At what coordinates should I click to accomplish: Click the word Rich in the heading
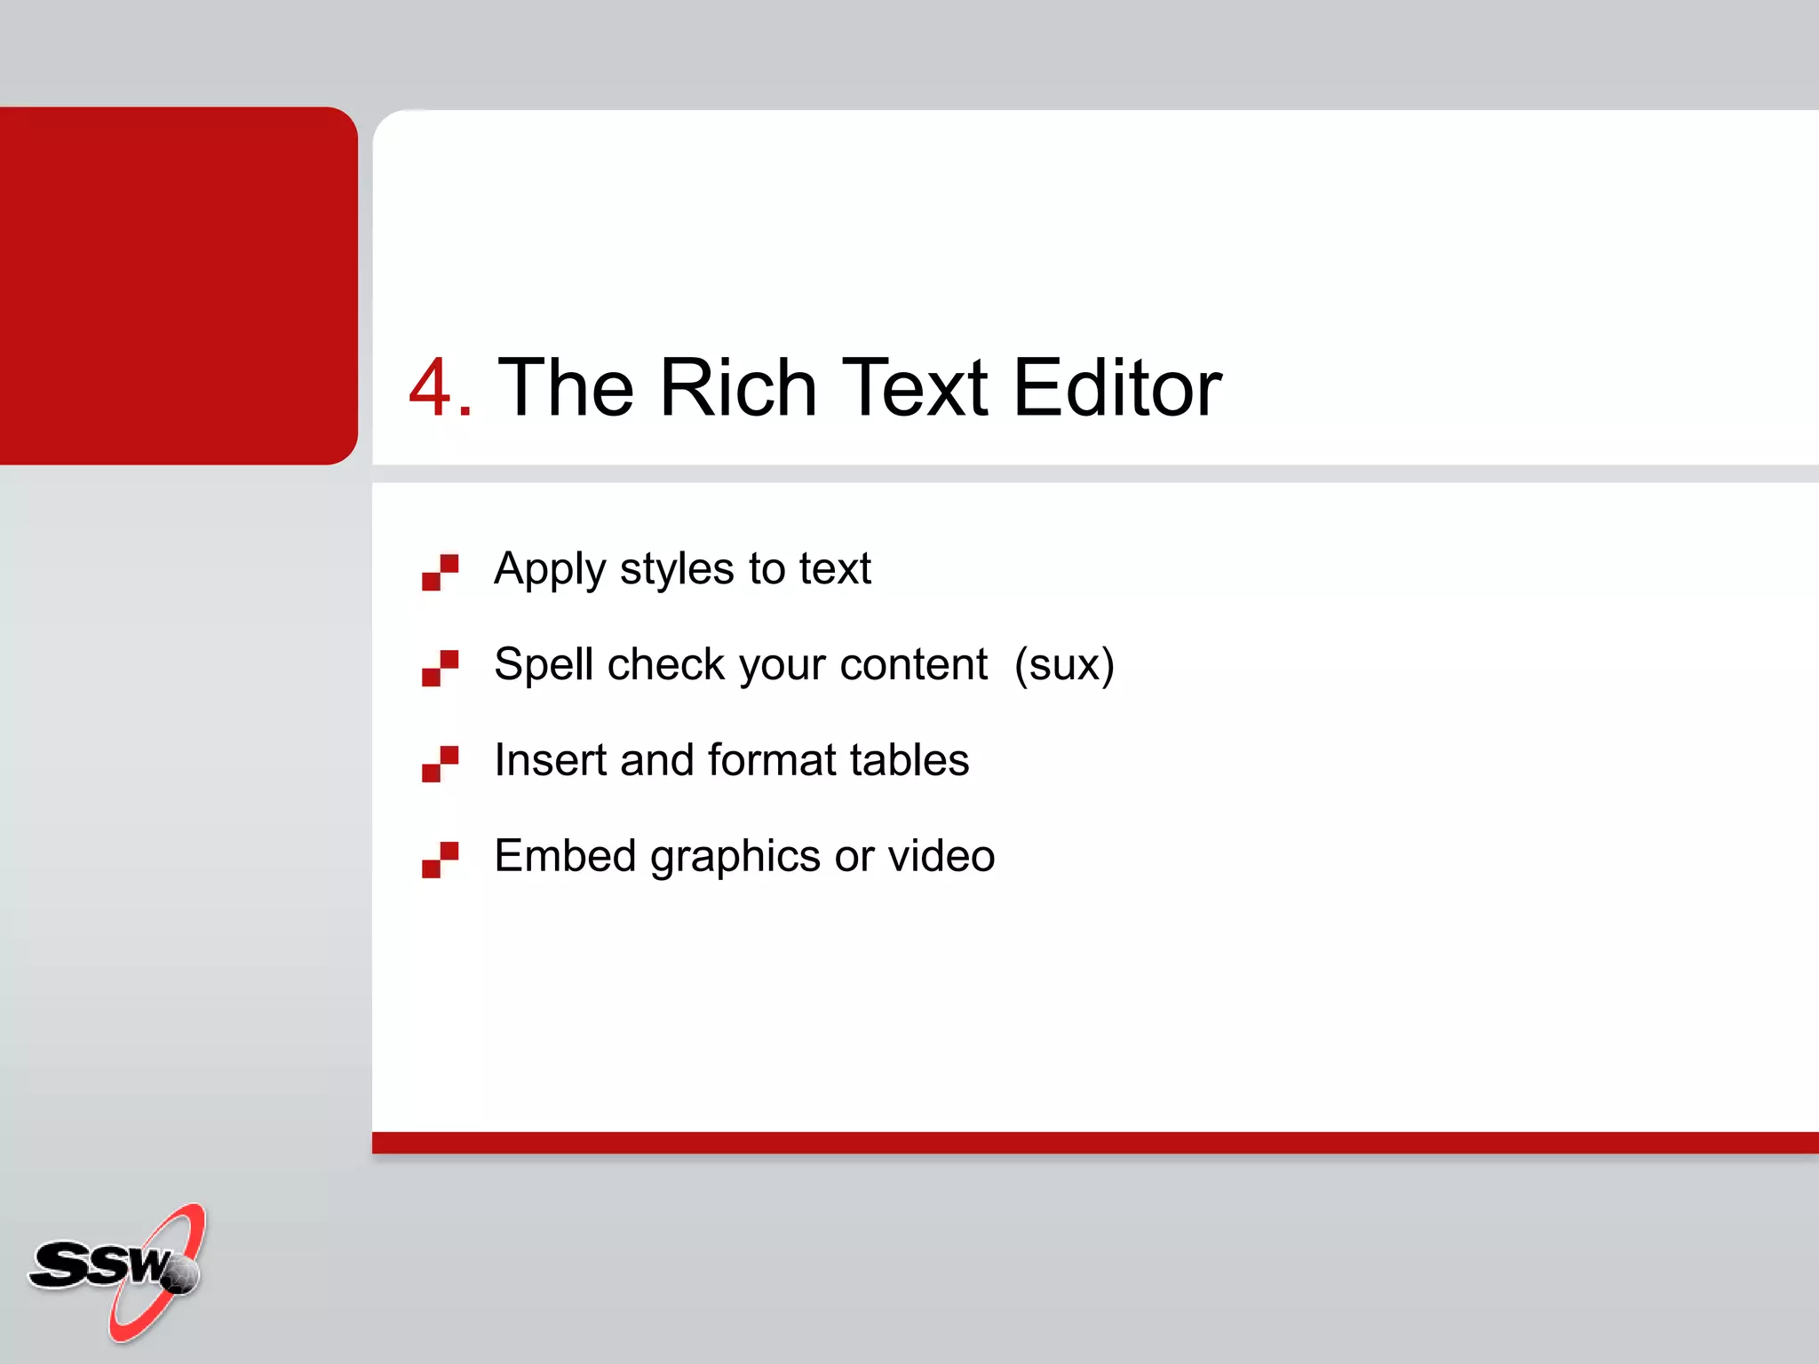click(x=737, y=388)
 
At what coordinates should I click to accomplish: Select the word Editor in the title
click(x=1117, y=388)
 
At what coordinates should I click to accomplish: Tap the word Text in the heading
click(x=914, y=388)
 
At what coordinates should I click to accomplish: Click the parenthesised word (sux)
click(x=1064, y=665)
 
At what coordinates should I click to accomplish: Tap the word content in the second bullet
click(x=913, y=664)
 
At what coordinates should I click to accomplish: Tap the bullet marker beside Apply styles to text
click(x=440, y=572)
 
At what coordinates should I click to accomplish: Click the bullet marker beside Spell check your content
click(x=440, y=668)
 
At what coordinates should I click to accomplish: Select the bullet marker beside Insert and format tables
click(x=440, y=764)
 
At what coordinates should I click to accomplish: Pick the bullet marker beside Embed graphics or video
click(x=440, y=860)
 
